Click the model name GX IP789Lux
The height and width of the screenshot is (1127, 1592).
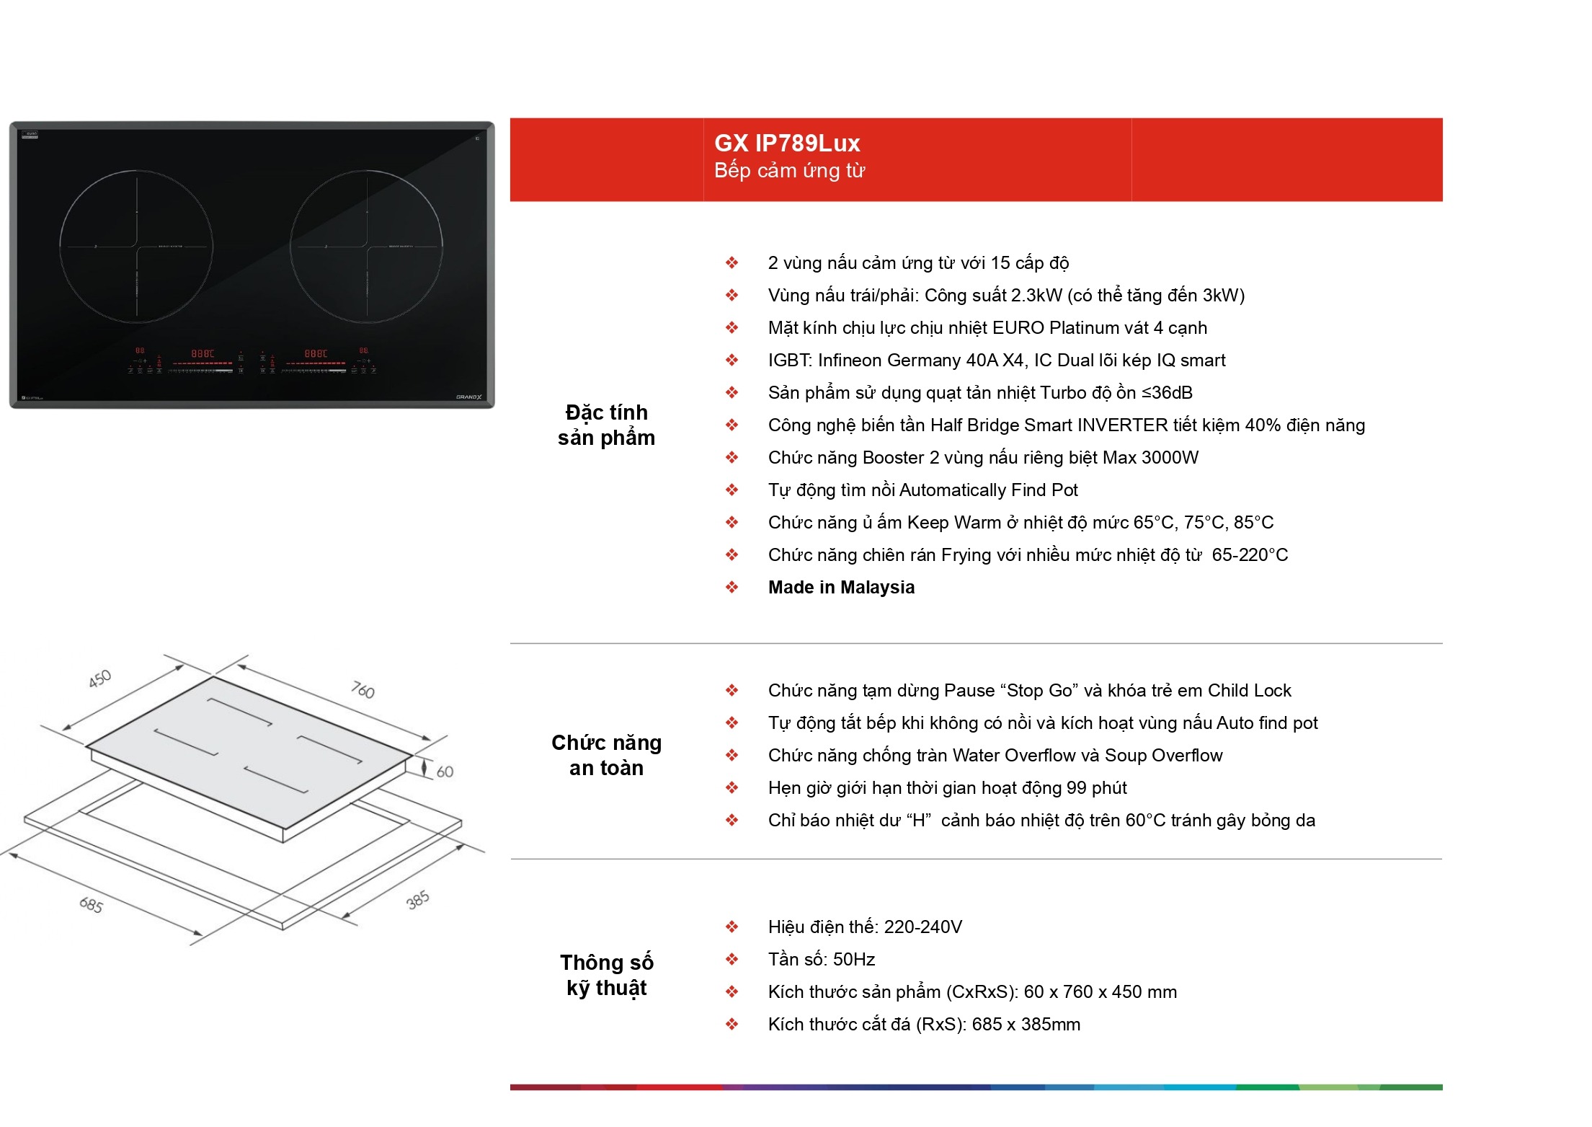click(787, 143)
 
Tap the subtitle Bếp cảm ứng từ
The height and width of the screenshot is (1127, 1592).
click(789, 171)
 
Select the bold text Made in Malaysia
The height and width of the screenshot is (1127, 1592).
click(841, 588)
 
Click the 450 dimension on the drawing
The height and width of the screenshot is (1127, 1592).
click(99, 679)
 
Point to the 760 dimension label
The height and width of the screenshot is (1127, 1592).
click(363, 690)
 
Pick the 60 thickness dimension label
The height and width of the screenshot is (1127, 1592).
click(445, 772)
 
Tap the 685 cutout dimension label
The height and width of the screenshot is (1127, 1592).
click(92, 904)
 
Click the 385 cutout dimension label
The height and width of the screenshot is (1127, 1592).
click(418, 900)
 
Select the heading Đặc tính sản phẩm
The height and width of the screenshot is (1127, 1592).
click(606, 425)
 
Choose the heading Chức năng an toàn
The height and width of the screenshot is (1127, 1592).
click(606, 756)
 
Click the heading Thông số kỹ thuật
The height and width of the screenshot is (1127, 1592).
click(606, 976)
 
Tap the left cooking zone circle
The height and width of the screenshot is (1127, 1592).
click(60, 247)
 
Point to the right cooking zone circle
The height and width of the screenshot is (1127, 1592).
click(290, 247)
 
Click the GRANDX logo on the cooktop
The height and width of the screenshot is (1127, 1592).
click(468, 397)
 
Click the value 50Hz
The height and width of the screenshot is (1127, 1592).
click(854, 960)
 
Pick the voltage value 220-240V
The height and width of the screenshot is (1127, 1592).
click(922, 927)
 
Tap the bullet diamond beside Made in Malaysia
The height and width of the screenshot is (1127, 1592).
click(731, 588)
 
